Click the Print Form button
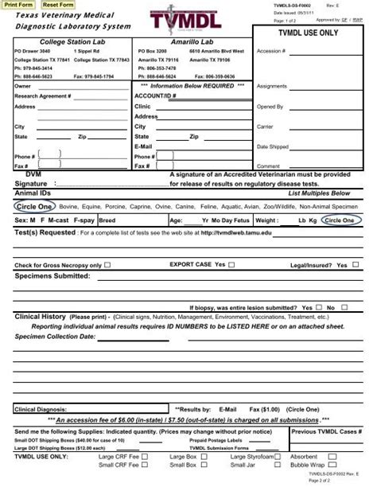click(x=19, y=5)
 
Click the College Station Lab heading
click(x=67, y=41)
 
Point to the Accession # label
click(x=271, y=51)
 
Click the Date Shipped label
click(x=273, y=146)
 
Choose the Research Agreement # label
click(x=43, y=95)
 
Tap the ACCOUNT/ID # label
click(x=156, y=95)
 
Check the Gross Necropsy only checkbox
click(x=108, y=265)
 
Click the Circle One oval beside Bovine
click(x=34, y=205)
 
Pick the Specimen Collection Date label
click(x=49, y=337)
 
